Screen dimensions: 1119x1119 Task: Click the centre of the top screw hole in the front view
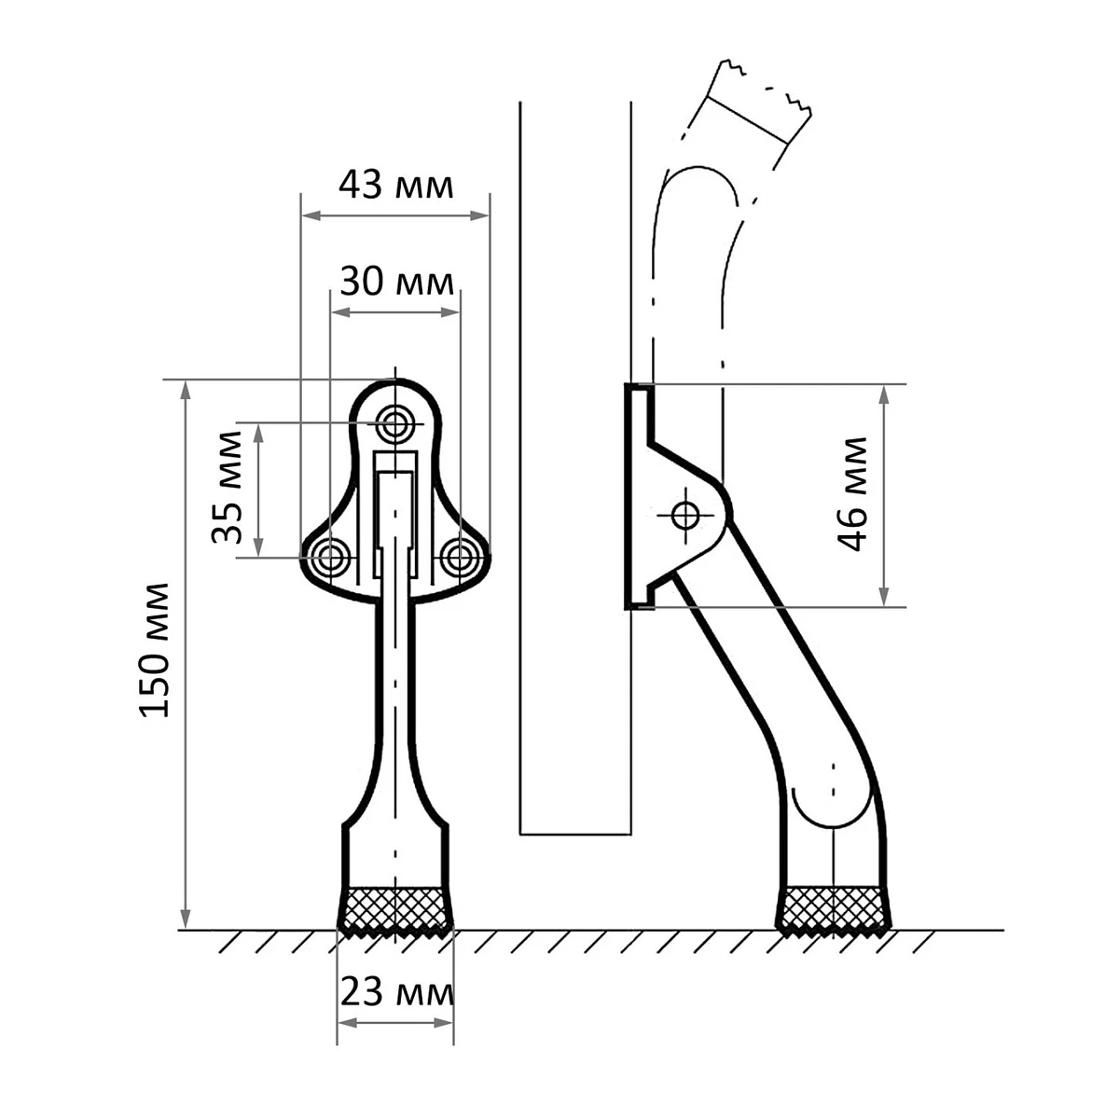pyautogui.click(x=394, y=425)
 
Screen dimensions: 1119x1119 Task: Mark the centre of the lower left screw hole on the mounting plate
pyautogui.click(x=330, y=558)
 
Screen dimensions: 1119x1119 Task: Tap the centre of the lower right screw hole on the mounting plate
pyautogui.click(x=459, y=558)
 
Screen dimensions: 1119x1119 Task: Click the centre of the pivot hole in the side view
pyautogui.click(x=685, y=515)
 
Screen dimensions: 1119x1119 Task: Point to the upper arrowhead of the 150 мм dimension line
pyautogui.click(x=186, y=391)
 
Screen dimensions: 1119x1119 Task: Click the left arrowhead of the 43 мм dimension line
pyautogui.click(x=311, y=216)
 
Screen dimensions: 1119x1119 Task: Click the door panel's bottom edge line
pyautogui.click(x=575, y=835)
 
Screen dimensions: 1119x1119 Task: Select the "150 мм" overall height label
pyautogui.click(x=155, y=650)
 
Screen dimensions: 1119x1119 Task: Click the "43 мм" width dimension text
pyautogui.click(x=395, y=186)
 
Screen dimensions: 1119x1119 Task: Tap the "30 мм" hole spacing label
pyautogui.click(x=396, y=282)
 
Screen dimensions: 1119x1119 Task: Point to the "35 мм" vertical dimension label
pyautogui.click(x=227, y=487)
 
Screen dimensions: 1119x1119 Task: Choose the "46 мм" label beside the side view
pyautogui.click(x=852, y=493)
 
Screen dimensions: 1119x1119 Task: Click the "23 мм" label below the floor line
pyautogui.click(x=396, y=992)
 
